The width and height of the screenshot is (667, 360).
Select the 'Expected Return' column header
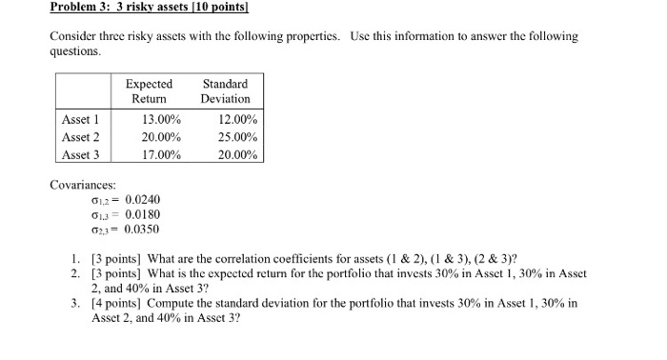click(x=149, y=91)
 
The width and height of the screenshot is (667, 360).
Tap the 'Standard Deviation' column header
click(x=226, y=91)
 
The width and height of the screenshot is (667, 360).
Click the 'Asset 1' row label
click(x=80, y=120)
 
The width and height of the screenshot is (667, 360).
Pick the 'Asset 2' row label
click(x=80, y=137)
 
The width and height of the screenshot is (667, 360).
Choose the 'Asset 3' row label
click(x=80, y=154)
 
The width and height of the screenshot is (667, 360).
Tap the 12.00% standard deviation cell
click(x=237, y=120)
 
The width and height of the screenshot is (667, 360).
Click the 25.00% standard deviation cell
click(x=237, y=137)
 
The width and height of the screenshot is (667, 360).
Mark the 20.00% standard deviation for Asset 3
click(x=237, y=154)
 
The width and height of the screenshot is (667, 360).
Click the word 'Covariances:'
click(x=83, y=184)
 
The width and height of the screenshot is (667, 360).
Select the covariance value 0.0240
click(x=143, y=199)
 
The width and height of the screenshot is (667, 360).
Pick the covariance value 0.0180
click(x=143, y=214)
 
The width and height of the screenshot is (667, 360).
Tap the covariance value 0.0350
click(x=143, y=230)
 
